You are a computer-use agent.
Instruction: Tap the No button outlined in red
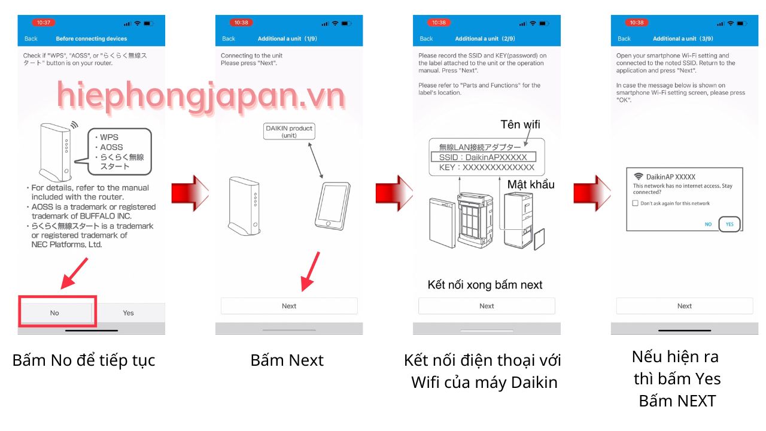[x=54, y=312]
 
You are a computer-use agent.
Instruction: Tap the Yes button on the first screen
[x=128, y=312]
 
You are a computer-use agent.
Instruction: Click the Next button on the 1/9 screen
[x=289, y=306]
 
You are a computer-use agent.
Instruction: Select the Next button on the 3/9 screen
[x=684, y=306]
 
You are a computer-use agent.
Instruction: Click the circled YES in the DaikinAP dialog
[x=729, y=224]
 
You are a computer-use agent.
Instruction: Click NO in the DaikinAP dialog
[x=708, y=224]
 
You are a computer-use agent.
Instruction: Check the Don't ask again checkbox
[x=636, y=203]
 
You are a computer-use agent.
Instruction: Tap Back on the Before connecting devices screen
[x=31, y=39]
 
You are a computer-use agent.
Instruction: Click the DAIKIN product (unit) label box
[x=289, y=131]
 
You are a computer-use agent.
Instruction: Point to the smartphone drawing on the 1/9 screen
[x=332, y=206]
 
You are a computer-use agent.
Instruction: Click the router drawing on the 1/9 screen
[x=244, y=206]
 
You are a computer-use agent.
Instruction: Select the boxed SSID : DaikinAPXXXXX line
[x=483, y=157]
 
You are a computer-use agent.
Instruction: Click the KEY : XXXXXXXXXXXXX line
[x=487, y=167]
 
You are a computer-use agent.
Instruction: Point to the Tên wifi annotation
[x=520, y=125]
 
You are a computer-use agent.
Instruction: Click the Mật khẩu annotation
[x=531, y=185]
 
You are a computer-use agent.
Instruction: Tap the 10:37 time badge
[x=44, y=23]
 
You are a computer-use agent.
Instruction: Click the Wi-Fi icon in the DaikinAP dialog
[x=638, y=176]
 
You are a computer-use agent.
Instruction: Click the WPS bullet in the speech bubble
[x=107, y=137]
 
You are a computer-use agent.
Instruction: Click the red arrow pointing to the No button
[x=74, y=274]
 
